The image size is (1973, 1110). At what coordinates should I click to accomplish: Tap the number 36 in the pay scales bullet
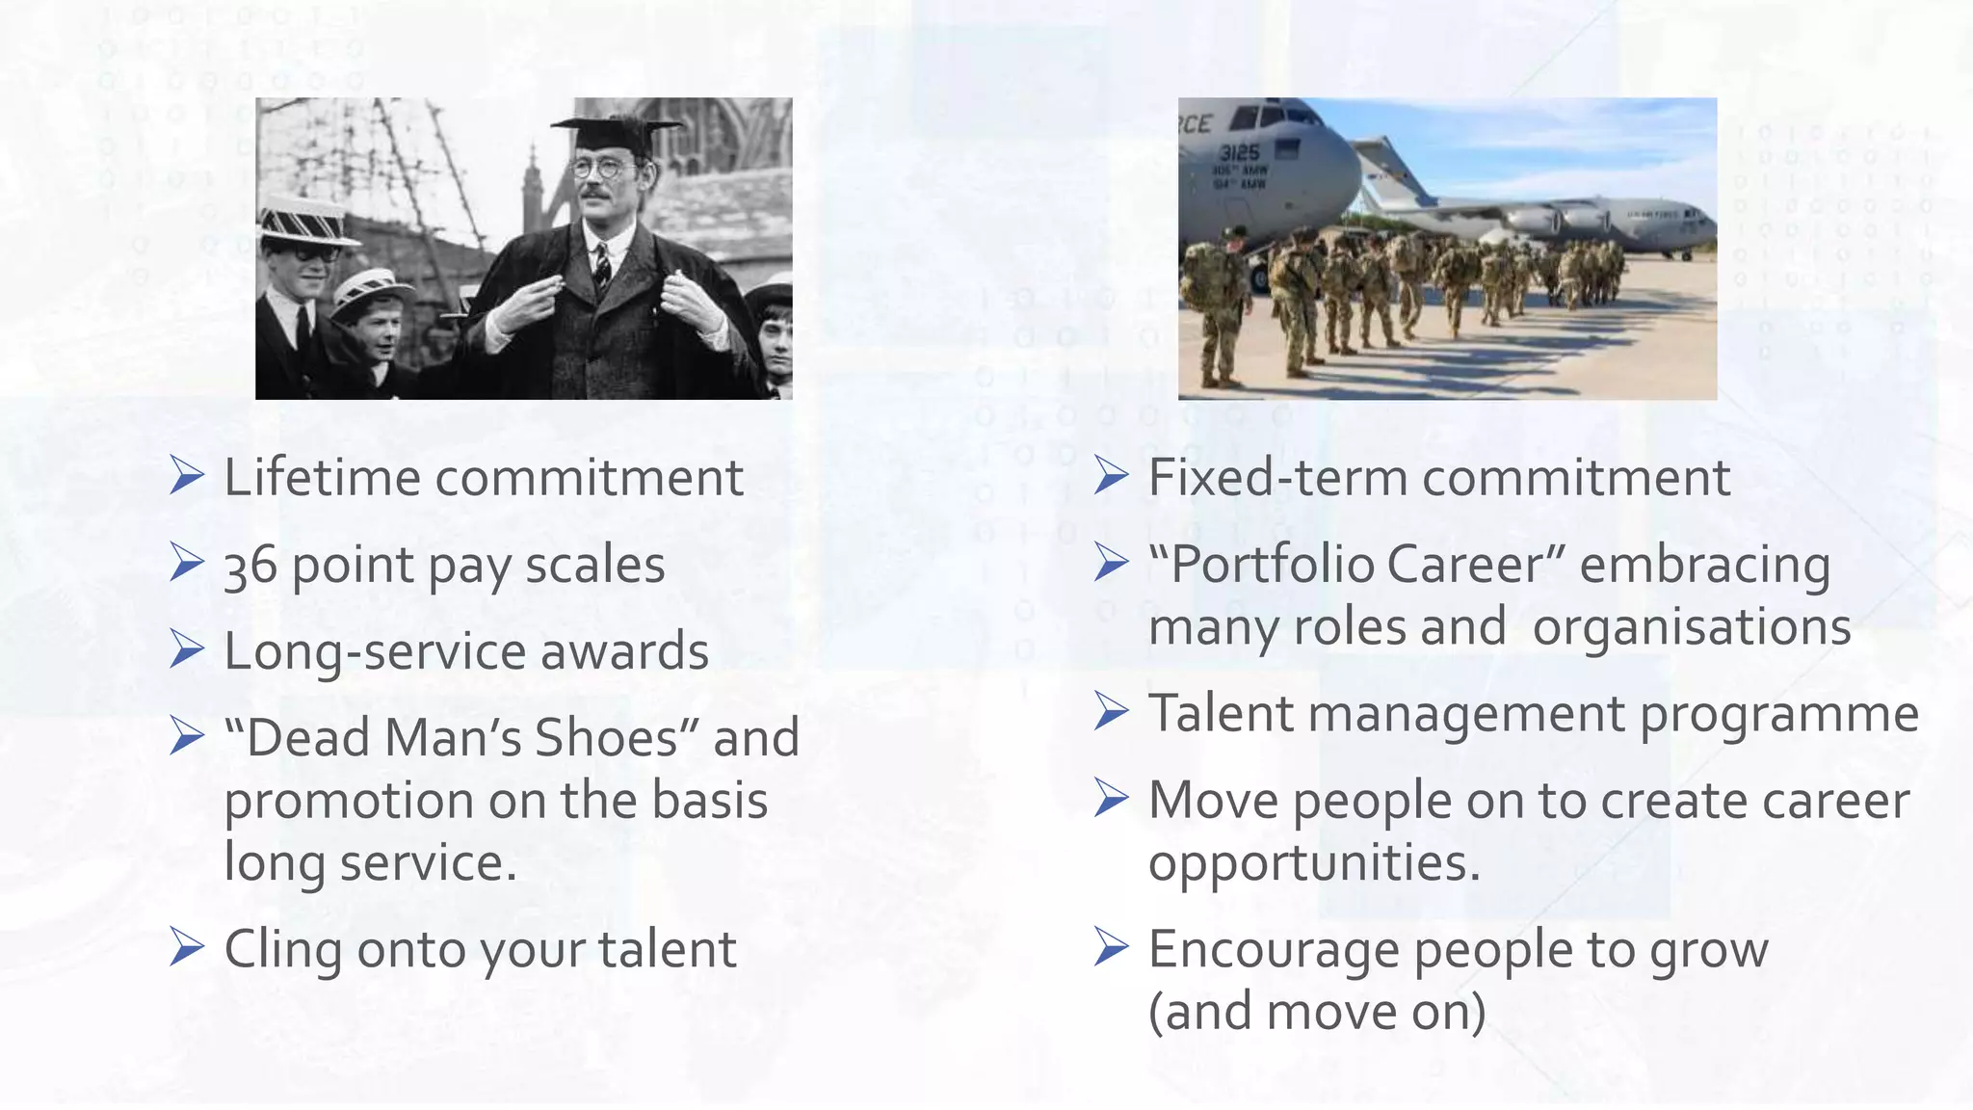[x=250, y=566]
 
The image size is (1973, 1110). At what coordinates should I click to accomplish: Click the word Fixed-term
[x=1277, y=477]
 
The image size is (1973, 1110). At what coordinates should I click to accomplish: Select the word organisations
[x=1691, y=627]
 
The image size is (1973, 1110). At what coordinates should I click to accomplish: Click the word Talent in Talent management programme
[x=1221, y=714]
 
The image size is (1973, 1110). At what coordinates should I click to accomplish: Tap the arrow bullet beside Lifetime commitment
[x=186, y=476]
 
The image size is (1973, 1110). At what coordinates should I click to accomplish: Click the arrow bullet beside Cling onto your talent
[x=186, y=948]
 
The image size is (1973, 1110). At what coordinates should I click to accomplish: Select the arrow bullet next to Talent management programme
[x=1111, y=713]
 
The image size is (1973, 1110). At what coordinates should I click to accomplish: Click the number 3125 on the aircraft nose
[x=1239, y=152]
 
